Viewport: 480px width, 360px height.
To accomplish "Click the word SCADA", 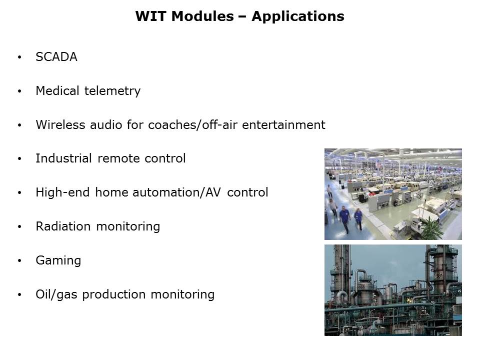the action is pos(56,57).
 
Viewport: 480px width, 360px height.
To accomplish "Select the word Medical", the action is pos(57,91).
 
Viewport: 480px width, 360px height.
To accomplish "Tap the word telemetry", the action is pos(112,91).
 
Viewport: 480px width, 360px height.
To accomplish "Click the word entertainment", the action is pos(283,125).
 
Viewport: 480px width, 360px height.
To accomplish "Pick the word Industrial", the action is pos(63,158).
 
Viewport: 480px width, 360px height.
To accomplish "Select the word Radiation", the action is pos(63,226).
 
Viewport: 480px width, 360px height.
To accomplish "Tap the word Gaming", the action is pos(58,261).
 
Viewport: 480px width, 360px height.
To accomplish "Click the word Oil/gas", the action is pos(56,295).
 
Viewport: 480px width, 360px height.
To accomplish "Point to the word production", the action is pos(114,295).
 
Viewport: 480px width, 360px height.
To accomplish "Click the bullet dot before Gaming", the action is pos(19,261).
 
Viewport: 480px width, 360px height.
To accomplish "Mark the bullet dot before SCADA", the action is pos(19,57).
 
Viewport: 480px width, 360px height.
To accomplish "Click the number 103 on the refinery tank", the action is pos(361,287).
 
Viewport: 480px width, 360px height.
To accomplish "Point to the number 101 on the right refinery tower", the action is pos(439,276).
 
